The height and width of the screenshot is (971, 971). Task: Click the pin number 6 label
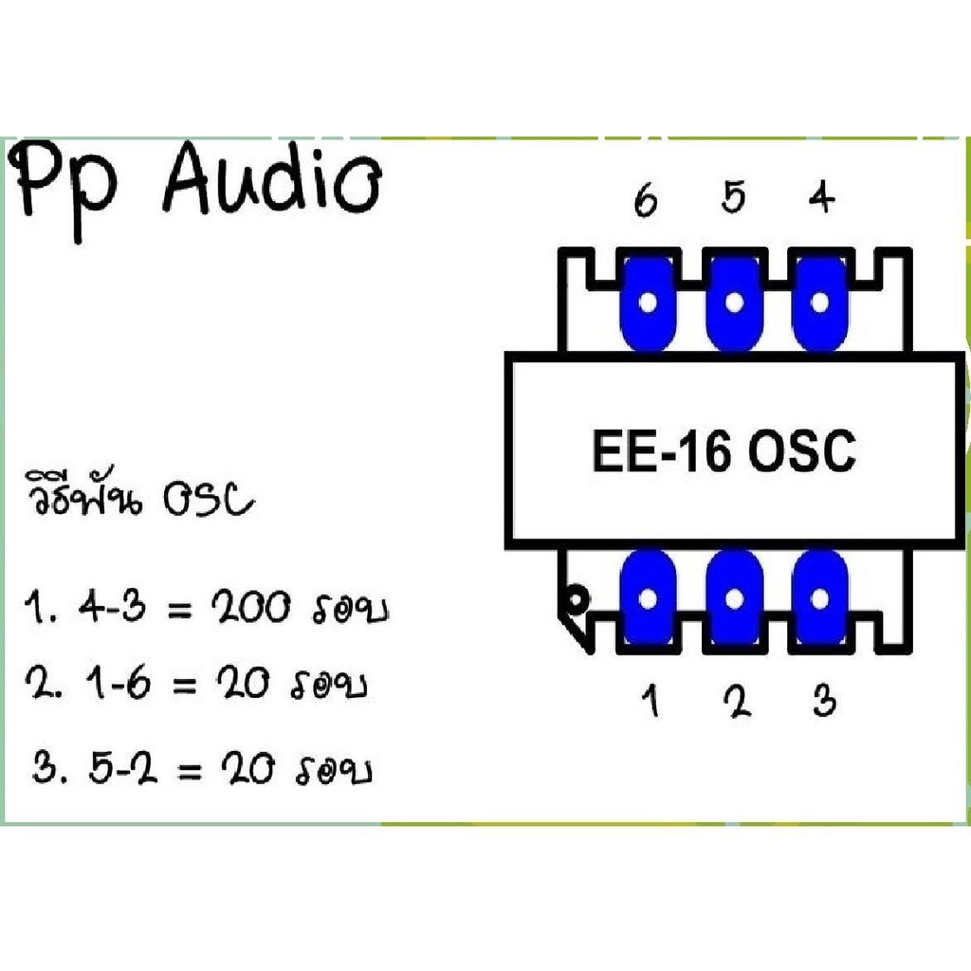(646, 201)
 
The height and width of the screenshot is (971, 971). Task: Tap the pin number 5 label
(733, 198)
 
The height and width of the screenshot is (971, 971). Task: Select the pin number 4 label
(821, 198)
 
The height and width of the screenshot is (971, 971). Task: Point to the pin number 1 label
(650, 703)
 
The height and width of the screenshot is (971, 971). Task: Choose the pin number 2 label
(736, 702)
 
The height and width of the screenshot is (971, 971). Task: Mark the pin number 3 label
(824, 702)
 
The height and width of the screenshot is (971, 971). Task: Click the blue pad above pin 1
(648, 597)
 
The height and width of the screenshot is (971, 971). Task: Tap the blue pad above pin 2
(734, 597)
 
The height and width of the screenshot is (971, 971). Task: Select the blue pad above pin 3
(820, 597)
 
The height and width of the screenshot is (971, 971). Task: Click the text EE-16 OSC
(724, 452)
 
